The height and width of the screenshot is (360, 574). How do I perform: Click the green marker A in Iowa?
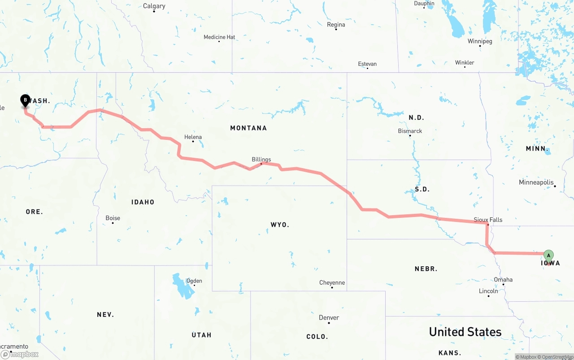click(548, 256)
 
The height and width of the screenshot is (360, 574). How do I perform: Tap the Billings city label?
click(261, 159)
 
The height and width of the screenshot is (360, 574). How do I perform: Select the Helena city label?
click(193, 137)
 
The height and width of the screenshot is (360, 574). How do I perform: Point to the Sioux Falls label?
click(488, 220)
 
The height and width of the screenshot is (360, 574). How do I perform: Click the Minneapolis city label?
click(536, 182)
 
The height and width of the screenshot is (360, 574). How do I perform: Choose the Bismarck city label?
click(410, 131)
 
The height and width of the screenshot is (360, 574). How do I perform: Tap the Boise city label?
click(113, 218)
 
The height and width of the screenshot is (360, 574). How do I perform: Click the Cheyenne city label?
click(332, 282)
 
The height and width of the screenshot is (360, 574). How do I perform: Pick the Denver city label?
click(329, 317)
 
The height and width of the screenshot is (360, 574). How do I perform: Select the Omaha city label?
click(503, 280)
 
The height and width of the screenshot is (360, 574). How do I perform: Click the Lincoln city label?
click(488, 291)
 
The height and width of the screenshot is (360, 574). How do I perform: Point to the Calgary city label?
click(154, 6)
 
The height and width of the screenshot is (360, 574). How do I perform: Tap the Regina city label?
click(336, 25)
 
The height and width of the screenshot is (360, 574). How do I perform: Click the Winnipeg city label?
click(480, 41)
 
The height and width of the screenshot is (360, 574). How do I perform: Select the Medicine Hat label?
click(219, 37)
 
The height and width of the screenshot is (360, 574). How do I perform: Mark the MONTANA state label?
click(248, 128)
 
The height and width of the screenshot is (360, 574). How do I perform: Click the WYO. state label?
click(280, 225)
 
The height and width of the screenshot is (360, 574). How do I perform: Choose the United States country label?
click(465, 332)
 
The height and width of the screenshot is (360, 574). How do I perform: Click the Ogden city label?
click(194, 281)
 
